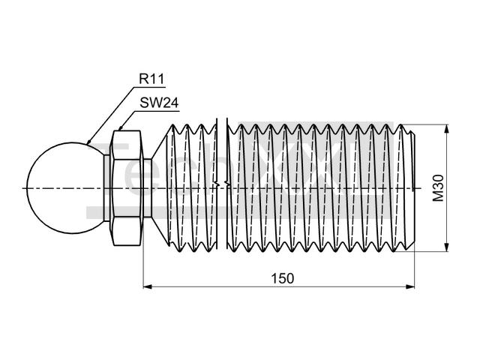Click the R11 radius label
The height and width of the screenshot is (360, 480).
pos(151,78)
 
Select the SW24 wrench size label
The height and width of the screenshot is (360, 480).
pos(158,104)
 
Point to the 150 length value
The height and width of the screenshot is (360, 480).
pos(282,277)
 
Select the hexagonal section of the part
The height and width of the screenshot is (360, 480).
pos(126,187)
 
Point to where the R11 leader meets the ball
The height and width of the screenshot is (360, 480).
pos(88,143)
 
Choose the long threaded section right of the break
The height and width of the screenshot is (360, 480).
pos(315,187)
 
